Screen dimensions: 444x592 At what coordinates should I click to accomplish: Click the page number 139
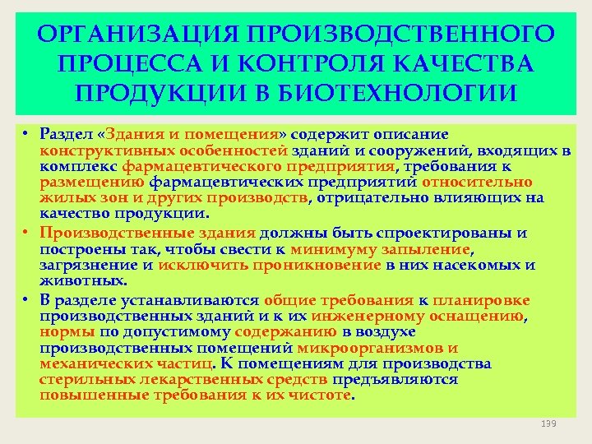tap(549, 423)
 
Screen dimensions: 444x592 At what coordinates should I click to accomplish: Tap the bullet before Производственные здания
tap(25, 234)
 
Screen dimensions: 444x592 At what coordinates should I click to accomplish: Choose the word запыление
tap(423, 249)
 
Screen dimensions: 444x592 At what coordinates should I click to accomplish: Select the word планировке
tap(483, 301)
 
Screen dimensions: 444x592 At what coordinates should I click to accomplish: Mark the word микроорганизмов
tap(379, 348)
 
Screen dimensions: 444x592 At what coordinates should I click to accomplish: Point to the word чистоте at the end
tap(319, 395)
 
